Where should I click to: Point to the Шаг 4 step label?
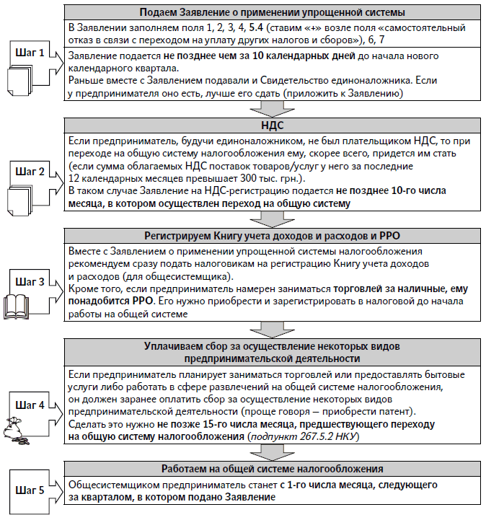(30, 405)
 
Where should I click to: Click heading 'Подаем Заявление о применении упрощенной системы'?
(273, 12)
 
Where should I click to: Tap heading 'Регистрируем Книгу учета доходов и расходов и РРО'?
(273, 235)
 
